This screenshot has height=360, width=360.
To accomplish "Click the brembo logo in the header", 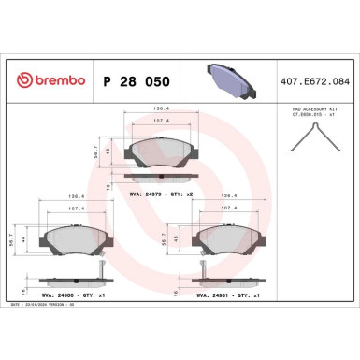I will click(x=46, y=81).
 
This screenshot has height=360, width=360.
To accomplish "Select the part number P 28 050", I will click(x=135, y=81).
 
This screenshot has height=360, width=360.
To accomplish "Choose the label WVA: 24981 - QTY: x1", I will click(x=230, y=294).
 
